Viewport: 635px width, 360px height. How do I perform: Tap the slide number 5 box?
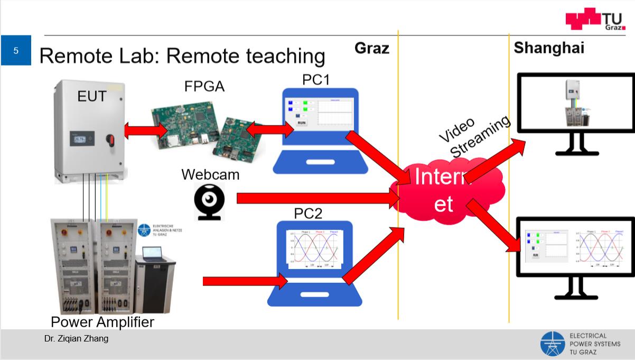(x=16, y=51)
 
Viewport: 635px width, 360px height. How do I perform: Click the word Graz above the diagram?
(x=371, y=49)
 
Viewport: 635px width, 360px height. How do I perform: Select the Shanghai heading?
(x=549, y=48)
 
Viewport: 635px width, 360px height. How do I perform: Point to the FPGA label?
(x=204, y=86)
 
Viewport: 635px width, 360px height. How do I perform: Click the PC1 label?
(x=316, y=80)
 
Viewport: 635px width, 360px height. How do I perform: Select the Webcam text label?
(x=210, y=174)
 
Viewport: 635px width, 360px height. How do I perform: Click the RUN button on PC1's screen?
(x=302, y=122)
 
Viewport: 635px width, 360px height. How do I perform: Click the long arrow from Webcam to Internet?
(x=317, y=198)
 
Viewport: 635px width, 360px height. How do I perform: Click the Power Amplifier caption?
(x=102, y=322)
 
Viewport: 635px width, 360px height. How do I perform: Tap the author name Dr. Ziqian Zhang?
(x=76, y=339)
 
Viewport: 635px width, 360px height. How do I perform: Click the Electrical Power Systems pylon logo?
(x=553, y=344)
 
